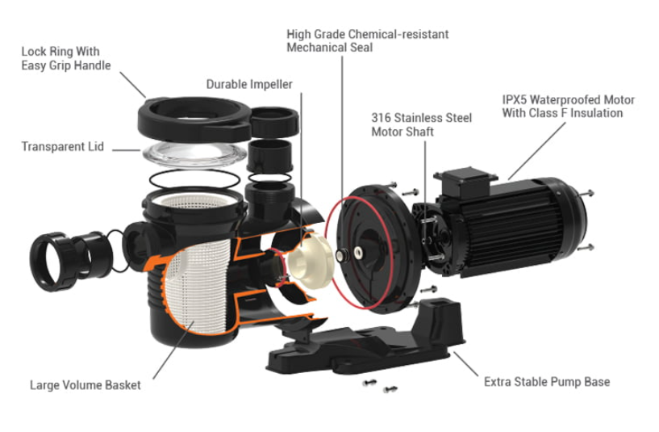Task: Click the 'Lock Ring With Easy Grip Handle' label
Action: [66, 58]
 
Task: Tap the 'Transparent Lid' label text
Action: [61, 148]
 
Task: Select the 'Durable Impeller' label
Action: [249, 84]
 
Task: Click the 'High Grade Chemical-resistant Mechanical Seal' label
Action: [367, 41]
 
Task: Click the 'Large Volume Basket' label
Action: [85, 385]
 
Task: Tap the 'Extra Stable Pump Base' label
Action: [546, 381]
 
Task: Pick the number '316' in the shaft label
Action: [381, 118]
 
